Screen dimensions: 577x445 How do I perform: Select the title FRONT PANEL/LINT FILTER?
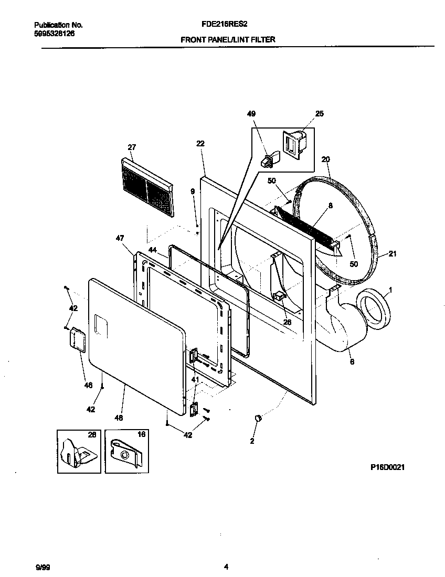[228, 39]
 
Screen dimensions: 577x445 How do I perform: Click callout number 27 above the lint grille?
[132, 147]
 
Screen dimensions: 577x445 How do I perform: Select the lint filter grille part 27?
[147, 188]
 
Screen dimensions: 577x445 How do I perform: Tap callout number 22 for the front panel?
[200, 143]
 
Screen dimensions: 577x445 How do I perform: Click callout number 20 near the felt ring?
[325, 159]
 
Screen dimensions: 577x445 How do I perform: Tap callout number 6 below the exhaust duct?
[351, 361]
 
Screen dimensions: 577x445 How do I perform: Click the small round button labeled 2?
[258, 418]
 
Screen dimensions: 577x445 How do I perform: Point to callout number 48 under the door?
[119, 418]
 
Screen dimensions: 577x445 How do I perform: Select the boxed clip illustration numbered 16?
[126, 451]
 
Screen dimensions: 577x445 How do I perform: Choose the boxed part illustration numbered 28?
[78, 451]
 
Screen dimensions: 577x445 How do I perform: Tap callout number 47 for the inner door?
[120, 238]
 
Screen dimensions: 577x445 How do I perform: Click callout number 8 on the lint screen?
[331, 206]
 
